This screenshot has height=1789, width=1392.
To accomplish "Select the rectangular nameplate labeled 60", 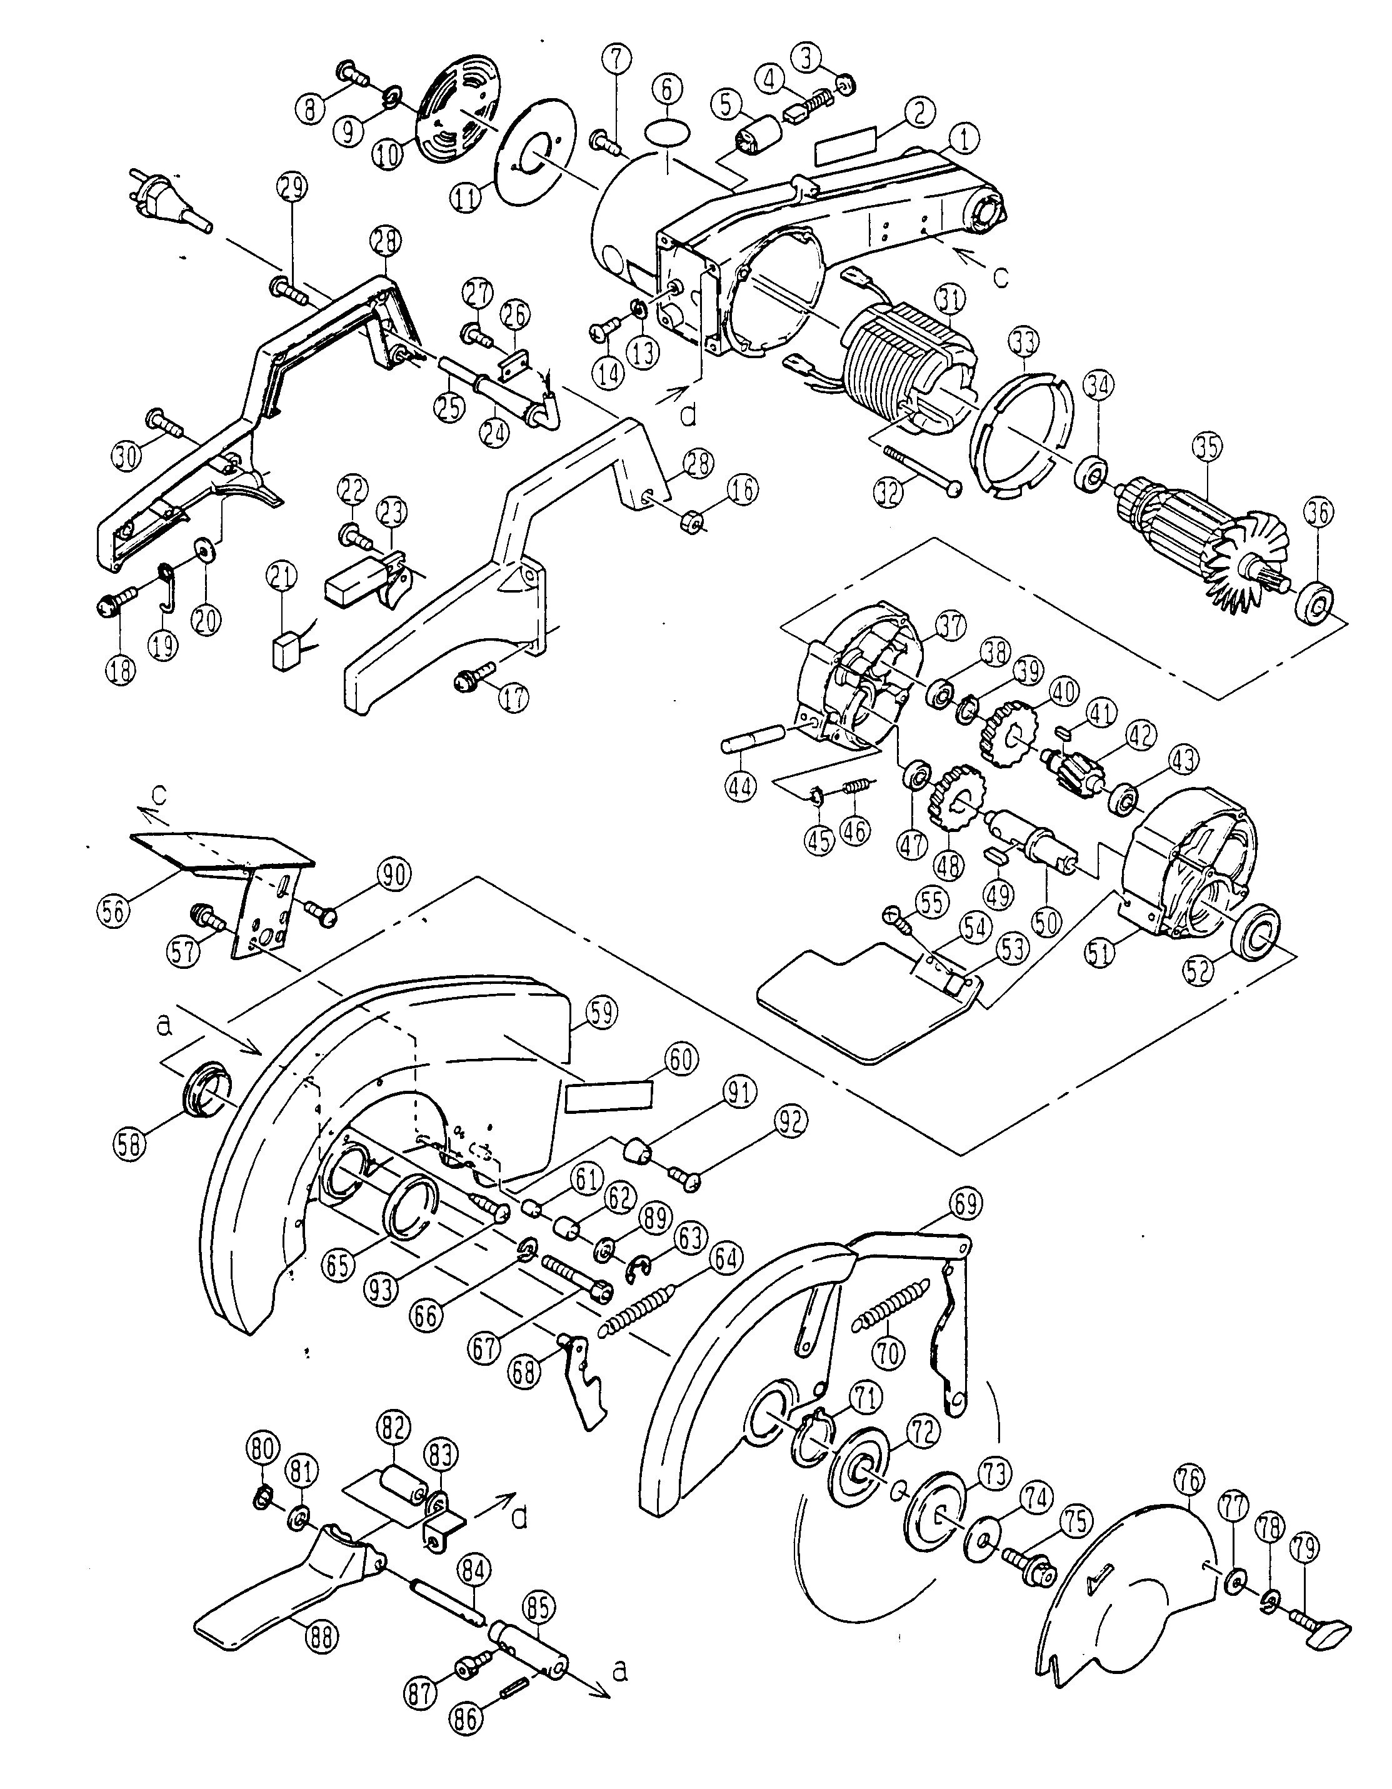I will pyautogui.click(x=609, y=1095).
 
